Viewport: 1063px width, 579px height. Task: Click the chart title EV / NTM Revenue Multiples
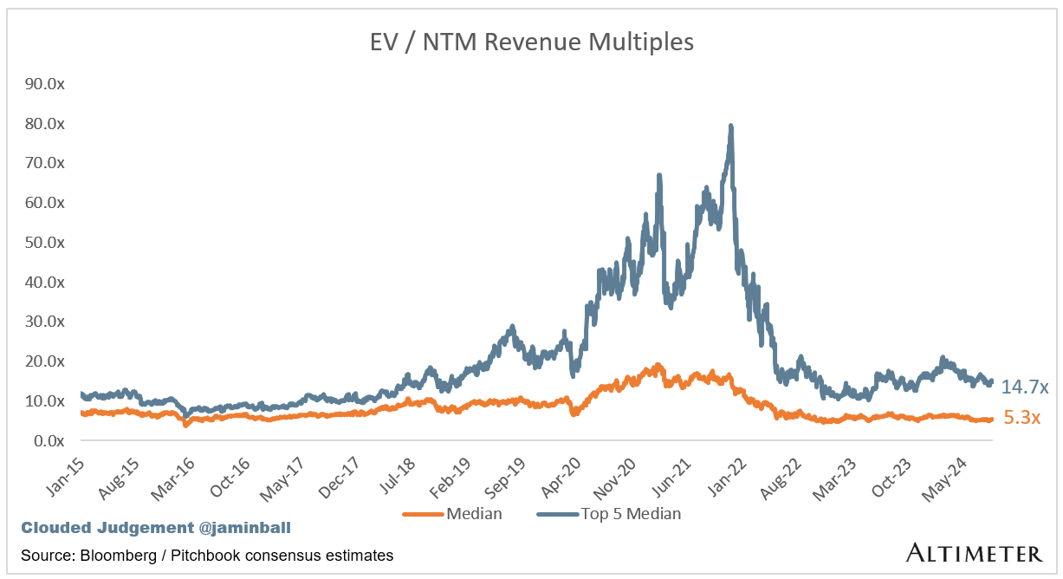tap(531, 42)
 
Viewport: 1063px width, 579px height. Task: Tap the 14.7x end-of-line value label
tap(1025, 387)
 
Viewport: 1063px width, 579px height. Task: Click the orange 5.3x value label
tap(1021, 419)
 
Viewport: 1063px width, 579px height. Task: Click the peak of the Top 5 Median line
tap(731, 127)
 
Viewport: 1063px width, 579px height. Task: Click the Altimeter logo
tap(974, 552)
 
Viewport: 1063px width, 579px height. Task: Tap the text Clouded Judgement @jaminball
tap(107, 527)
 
